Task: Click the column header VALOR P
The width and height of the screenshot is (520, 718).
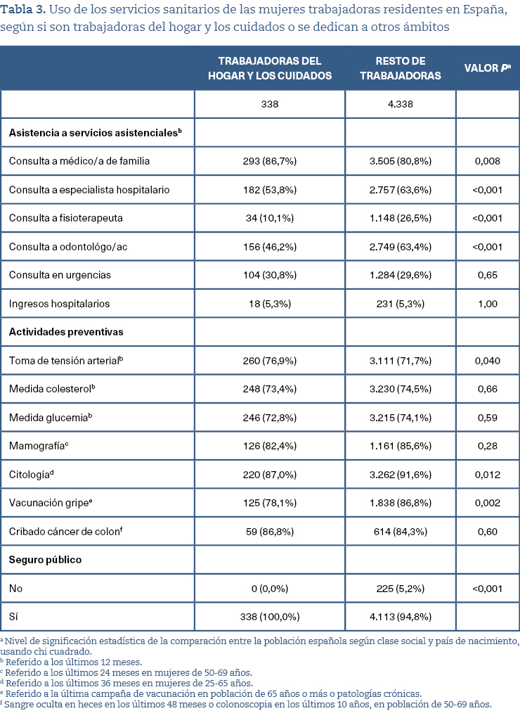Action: (487, 68)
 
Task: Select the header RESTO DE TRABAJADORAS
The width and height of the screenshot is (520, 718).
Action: (400, 68)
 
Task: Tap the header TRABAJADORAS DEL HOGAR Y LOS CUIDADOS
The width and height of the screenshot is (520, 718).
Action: (269, 68)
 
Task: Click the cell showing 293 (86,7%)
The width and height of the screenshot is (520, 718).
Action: (269, 161)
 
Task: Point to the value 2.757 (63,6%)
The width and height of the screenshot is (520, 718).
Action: (400, 190)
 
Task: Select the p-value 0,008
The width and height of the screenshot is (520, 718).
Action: (487, 161)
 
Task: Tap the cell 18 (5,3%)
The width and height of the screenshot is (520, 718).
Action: (269, 304)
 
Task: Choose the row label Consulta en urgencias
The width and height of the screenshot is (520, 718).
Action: (60, 275)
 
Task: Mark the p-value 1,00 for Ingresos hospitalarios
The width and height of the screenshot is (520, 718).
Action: (487, 304)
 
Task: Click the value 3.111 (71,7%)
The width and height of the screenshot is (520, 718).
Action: (400, 361)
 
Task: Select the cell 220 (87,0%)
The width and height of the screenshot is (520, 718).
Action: (269, 475)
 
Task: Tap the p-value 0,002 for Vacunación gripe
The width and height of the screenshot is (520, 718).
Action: (487, 503)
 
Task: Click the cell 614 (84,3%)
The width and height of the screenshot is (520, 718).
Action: (400, 532)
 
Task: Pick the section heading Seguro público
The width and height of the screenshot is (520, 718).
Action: (45, 560)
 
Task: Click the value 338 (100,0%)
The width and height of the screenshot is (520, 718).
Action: (269, 617)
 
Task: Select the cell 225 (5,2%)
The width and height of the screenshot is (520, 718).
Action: (400, 589)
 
